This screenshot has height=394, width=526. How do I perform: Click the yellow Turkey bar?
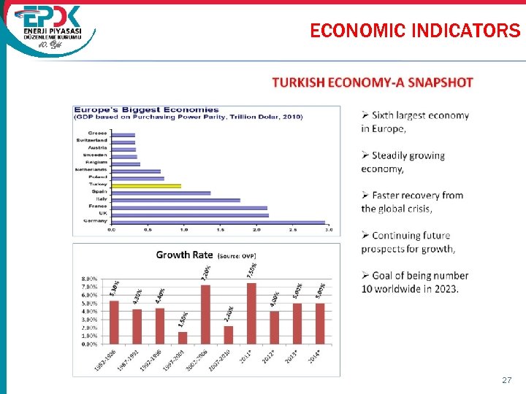click(146, 185)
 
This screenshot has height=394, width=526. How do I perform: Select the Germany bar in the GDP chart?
click(218, 221)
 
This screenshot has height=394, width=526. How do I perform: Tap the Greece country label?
click(99, 134)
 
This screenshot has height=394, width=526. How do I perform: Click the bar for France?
click(190, 207)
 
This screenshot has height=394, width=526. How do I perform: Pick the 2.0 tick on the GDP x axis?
click(256, 231)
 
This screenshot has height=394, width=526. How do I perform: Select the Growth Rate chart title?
click(184, 255)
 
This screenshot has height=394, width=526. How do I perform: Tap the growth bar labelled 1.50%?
click(183, 337)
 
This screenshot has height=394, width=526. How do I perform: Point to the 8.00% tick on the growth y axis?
click(89, 279)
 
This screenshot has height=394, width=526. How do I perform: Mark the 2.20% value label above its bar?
click(229, 314)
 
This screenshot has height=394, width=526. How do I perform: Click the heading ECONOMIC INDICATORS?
click(415, 31)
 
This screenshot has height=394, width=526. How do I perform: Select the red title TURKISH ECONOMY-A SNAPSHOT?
click(373, 83)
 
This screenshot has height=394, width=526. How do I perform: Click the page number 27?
click(507, 381)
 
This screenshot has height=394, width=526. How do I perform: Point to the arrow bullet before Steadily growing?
click(365, 155)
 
